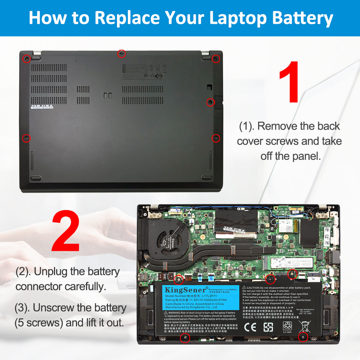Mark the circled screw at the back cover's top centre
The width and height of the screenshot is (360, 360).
point(122,54)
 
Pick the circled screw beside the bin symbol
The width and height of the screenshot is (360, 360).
point(303,337)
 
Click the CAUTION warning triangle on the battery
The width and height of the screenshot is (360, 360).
point(244,288)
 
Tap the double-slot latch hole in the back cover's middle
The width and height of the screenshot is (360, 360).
point(107,95)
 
